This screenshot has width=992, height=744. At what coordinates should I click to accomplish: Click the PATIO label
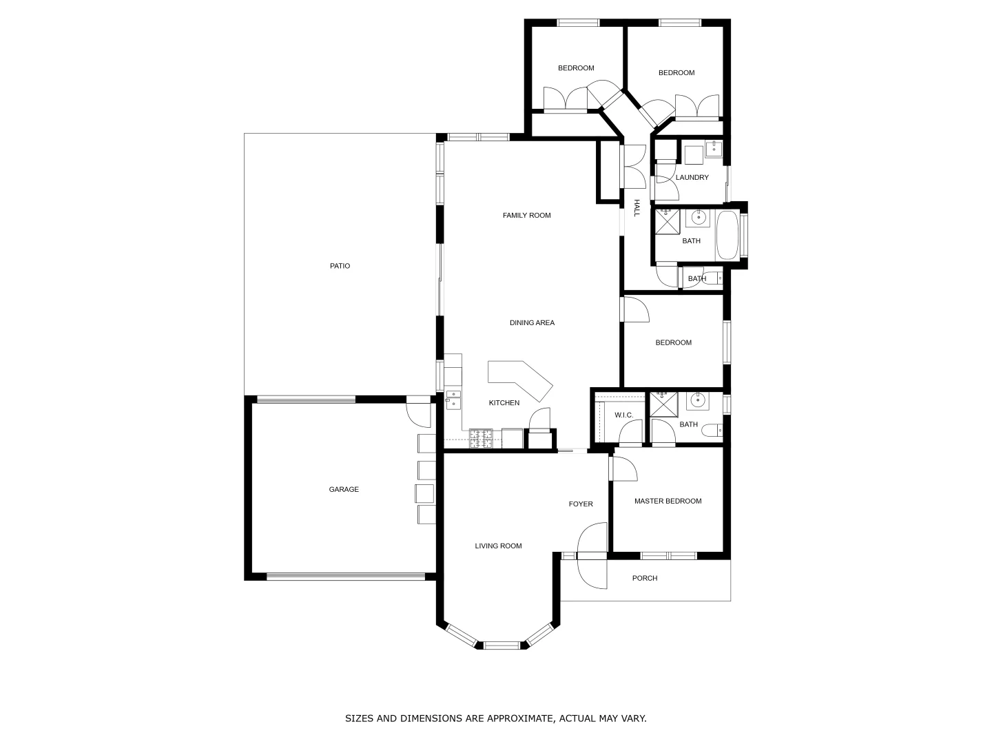pos(340,266)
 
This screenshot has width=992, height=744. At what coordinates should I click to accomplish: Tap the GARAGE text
pos(344,490)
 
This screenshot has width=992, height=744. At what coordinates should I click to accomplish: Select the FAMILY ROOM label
pos(526,216)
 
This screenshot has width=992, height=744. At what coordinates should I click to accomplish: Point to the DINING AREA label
pos(532,323)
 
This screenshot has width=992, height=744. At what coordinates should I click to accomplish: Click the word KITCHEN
pos(504,403)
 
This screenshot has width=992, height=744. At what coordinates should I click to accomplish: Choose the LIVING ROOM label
pos(498,546)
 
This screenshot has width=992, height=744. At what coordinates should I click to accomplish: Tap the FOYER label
pos(581,504)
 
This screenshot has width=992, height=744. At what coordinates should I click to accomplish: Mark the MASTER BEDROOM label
pos(668,502)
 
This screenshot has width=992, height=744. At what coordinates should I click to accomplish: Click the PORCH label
pos(645,579)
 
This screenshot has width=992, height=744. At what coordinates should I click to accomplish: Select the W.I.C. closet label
pos(623,415)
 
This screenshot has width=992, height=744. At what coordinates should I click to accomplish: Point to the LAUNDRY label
pos(692,178)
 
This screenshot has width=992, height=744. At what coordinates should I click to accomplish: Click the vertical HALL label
pos(637,208)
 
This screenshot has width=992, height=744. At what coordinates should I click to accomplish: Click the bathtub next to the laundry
pos(727,235)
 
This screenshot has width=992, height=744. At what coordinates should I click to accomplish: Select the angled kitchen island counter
pos(521,378)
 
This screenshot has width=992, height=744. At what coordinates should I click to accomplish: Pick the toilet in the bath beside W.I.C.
pos(711,432)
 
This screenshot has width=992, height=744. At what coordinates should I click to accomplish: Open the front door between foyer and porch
pos(592,555)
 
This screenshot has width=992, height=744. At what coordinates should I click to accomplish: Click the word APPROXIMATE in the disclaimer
pos(510,719)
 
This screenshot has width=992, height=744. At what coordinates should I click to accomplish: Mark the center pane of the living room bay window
pos(501,645)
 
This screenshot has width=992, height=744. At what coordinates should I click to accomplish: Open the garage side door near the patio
pos(418,412)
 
